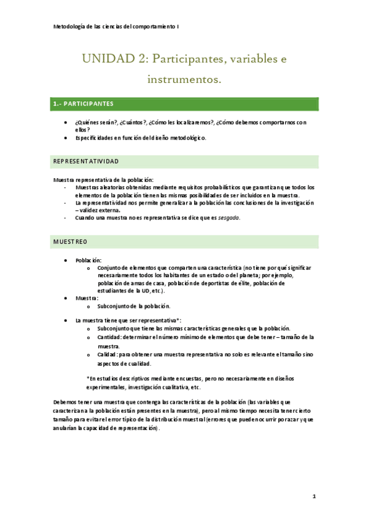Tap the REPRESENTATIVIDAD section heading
(86, 161)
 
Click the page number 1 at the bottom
(313, 496)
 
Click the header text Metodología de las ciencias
(92, 27)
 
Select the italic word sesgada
(230, 217)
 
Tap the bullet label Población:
(88, 260)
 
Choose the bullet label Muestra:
(87, 297)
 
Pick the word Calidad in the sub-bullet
(106, 355)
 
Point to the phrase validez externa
(100, 210)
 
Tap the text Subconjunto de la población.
(133, 306)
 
